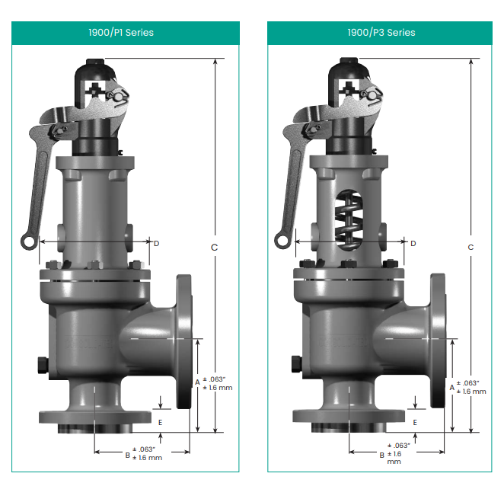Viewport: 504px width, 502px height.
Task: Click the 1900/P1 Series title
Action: click(121, 33)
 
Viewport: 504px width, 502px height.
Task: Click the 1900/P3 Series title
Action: click(381, 33)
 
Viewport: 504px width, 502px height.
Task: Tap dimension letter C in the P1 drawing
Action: click(214, 248)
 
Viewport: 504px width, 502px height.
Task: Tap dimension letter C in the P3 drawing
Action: click(471, 248)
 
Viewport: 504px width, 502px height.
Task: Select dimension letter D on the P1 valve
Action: click(157, 244)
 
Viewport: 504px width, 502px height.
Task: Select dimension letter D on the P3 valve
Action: click(413, 244)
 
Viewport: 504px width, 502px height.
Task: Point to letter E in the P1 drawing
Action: click(161, 423)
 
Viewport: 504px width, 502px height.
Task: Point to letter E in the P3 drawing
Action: click(415, 423)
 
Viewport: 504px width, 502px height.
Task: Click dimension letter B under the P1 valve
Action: click(128, 456)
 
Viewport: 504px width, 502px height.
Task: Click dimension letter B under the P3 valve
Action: click(382, 456)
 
